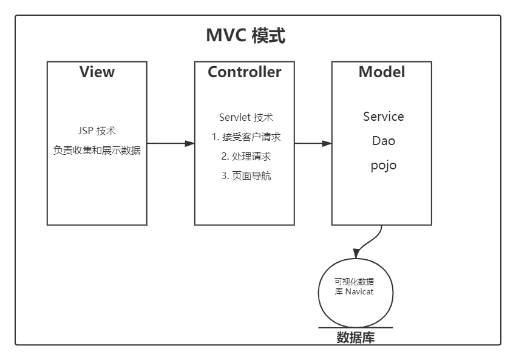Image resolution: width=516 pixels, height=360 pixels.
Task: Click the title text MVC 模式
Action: click(x=245, y=36)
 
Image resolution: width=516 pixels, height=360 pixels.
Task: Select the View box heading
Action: click(x=97, y=72)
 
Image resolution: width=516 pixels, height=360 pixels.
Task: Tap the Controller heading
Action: click(x=244, y=72)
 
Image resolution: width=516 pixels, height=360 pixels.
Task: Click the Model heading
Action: click(x=381, y=72)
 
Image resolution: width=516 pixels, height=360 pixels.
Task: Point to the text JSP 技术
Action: click(x=97, y=131)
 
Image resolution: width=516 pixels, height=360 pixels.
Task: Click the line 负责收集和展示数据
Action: click(x=97, y=151)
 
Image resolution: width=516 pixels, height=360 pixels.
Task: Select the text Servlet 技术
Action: click(x=246, y=118)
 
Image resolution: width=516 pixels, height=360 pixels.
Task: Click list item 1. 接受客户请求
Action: click(x=246, y=137)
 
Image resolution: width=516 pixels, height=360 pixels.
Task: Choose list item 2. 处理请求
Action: click(x=246, y=157)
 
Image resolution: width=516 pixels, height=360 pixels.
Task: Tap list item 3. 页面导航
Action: click(x=246, y=176)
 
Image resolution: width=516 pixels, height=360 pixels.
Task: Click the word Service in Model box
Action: click(x=383, y=117)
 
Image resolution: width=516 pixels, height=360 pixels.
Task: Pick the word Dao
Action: click(x=383, y=141)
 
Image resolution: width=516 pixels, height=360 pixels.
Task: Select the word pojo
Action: click(x=383, y=165)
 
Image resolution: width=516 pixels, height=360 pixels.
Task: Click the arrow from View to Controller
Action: click(x=171, y=143)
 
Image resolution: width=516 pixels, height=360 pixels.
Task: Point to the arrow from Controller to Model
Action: click(x=313, y=143)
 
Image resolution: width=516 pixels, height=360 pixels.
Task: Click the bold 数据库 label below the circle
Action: click(x=356, y=338)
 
